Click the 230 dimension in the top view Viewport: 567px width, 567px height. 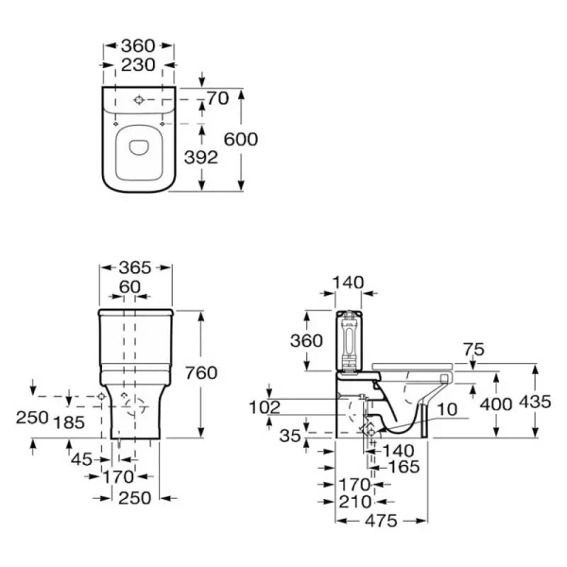tap(138, 65)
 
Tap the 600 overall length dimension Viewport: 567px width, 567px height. tap(241, 139)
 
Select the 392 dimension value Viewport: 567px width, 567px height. tap(201, 157)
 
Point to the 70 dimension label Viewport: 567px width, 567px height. tap(217, 98)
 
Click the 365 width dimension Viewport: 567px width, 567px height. tap(135, 268)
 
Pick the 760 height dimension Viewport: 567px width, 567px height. tap(201, 373)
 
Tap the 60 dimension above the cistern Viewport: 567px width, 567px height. tap(129, 287)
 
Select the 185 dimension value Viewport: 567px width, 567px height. tap(69, 422)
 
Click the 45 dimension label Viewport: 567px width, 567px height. tap(81, 459)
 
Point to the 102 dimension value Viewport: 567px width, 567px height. tap(265, 407)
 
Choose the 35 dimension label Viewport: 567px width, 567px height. tap(290, 436)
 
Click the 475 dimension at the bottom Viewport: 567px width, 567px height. tap(382, 521)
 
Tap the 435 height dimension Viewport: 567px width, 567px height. tap(535, 402)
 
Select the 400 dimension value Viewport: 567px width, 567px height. tap(496, 404)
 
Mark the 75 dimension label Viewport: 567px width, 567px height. tap(473, 350)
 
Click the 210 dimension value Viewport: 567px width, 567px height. tap(355, 502)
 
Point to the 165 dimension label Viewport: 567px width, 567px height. tap(404, 467)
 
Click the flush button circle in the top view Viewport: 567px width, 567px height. tap(139, 100)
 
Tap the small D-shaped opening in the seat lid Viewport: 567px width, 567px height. tap(139, 146)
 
